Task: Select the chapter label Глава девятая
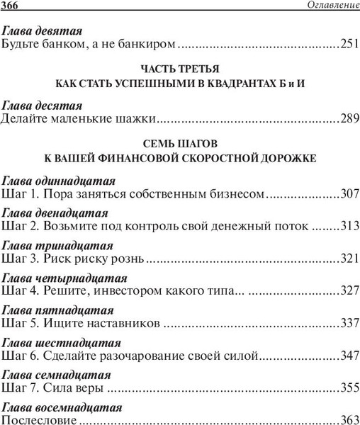[x=43, y=31]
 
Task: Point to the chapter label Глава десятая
[x=42, y=104]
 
